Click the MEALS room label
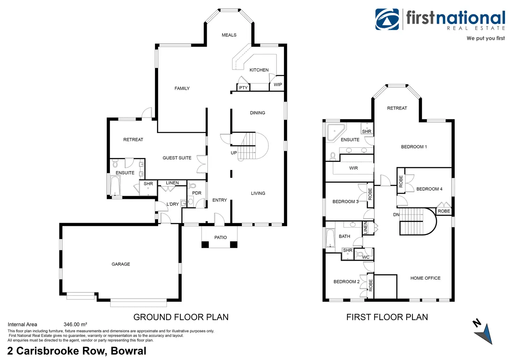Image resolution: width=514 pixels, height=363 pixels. (229, 35)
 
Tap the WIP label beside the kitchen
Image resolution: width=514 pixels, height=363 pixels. (278, 84)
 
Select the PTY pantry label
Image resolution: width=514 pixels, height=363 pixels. (243, 88)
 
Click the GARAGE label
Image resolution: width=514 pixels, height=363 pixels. (121, 264)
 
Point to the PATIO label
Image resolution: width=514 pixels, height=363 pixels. (220, 238)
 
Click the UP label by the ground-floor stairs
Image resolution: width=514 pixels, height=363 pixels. (234, 153)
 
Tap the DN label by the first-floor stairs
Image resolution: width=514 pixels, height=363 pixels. (396, 215)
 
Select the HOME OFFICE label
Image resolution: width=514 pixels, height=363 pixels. (425, 278)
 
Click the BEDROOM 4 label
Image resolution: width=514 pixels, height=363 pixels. (429, 189)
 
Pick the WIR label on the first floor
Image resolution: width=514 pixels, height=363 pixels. (353, 168)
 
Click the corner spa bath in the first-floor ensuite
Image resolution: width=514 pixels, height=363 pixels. (336, 132)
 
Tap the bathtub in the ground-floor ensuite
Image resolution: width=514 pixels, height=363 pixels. (115, 186)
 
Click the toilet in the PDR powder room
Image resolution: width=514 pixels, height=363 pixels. (193, 185)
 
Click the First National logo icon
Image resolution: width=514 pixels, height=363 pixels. (387, 19)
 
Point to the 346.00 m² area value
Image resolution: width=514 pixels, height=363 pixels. (75, 325)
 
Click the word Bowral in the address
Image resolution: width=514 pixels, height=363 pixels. (128, 351)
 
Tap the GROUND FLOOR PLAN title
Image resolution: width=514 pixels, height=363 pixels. (181, 317)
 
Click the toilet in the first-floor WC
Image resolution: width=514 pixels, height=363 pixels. (359, 254)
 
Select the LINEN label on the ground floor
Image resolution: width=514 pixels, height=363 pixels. (172, 183)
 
